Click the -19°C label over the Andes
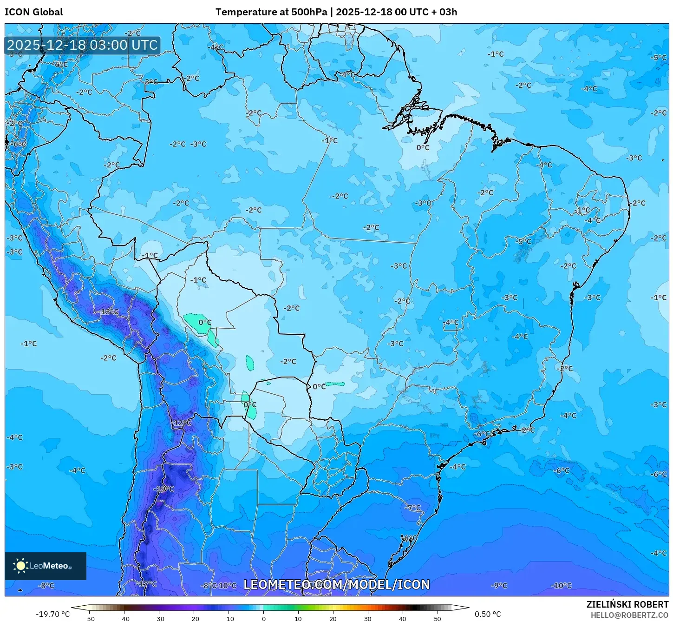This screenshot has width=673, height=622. pos(164,489)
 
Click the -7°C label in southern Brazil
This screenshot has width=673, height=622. pos(412,508)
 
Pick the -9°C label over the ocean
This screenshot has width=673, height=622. pos(499,586)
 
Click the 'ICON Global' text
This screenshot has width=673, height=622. pos(34,12)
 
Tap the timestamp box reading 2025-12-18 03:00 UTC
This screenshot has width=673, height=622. pos(83,45)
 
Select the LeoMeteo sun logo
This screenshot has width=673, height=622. pos(20,566)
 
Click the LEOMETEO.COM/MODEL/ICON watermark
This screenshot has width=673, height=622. pos(337,584)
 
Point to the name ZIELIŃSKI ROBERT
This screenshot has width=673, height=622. pos(627,604)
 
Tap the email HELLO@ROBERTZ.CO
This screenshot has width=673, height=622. pos(629,615)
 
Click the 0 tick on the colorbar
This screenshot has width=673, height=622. pos(263,618)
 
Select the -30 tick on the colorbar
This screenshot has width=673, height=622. pos(159,618)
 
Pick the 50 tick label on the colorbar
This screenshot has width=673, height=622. pos(438,618)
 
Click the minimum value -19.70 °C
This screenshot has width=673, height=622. pos(52,614)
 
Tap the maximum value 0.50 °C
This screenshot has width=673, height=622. pos(488,614)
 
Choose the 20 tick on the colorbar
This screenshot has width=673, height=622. pos(333,618)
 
